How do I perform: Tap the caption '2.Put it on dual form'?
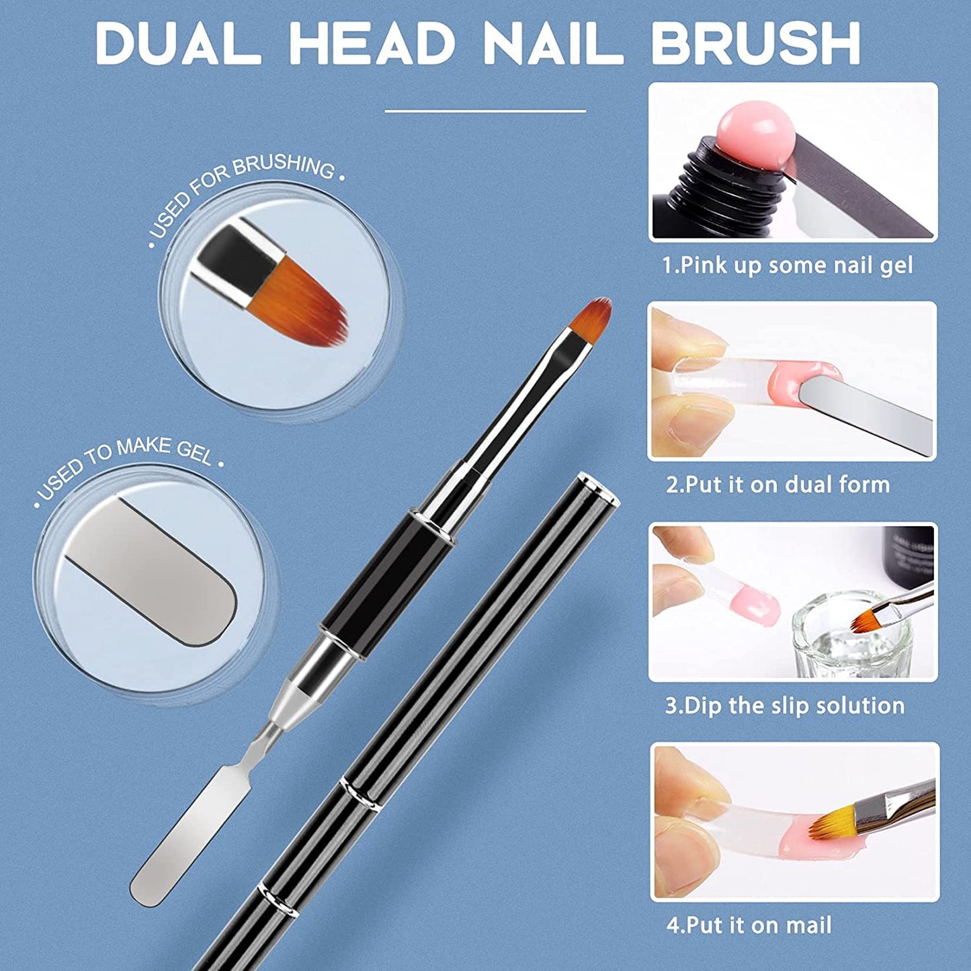point(777,484)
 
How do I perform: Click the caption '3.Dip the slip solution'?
point(784,706)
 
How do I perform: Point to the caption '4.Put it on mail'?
point(749,925)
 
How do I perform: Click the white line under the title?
point(485,111)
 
